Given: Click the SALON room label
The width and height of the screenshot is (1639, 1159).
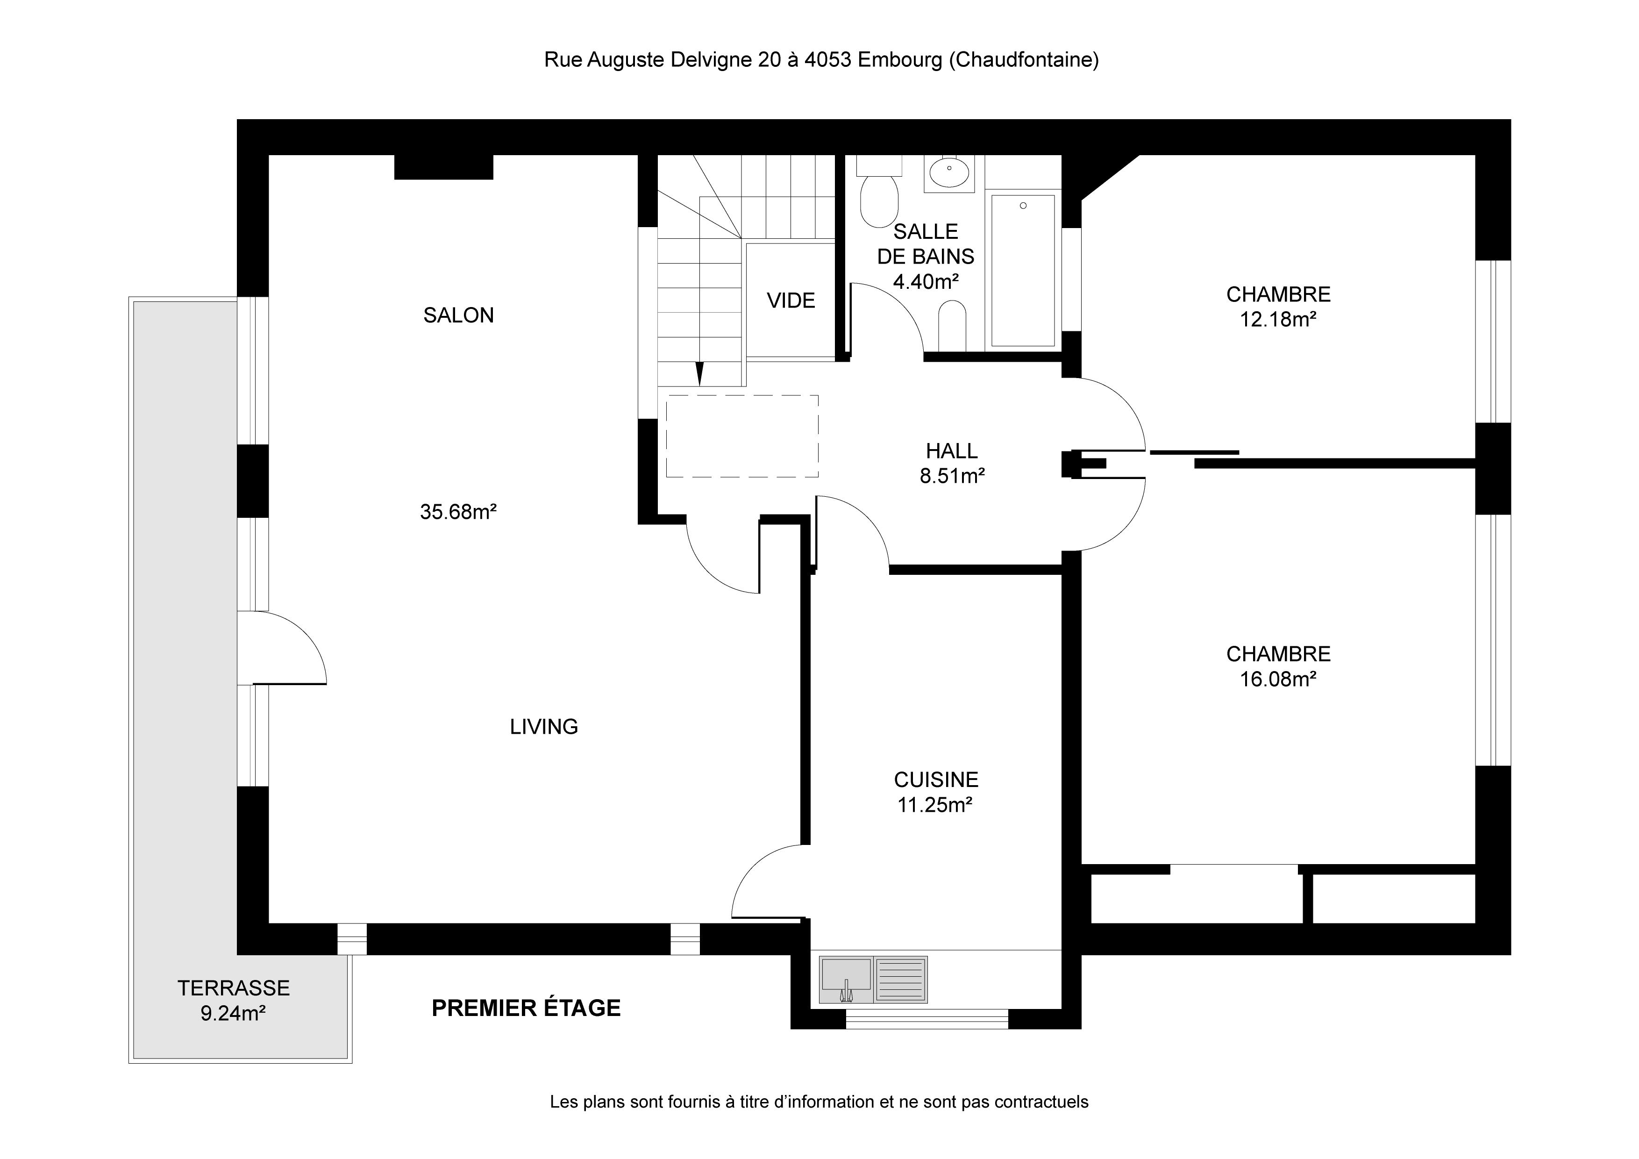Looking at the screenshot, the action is coord(458,315).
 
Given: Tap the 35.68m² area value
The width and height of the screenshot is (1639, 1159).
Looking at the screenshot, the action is coord(458,511).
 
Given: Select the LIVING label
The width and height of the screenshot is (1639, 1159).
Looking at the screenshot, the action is coord(544,726).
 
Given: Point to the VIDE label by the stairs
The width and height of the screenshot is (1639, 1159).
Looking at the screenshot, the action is coord(791,300).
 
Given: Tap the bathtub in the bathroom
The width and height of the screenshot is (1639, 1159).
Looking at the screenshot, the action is coord(1023,271).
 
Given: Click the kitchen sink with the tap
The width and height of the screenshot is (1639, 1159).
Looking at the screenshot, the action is coord(847,980).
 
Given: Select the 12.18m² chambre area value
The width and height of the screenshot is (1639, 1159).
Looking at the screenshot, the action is coord(1278,319).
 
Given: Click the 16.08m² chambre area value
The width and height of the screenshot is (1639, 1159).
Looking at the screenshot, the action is coord(1278,679).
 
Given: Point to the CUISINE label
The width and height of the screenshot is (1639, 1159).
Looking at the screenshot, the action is coord(936,779).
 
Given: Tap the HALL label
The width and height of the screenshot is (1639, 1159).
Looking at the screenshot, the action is coord(952,451).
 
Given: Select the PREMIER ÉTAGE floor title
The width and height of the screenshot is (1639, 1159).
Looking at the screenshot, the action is coord(526,1008).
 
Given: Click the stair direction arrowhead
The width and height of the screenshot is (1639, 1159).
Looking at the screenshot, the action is coord(699,373).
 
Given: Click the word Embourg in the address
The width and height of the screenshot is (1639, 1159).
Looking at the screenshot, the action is coord(899,60).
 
